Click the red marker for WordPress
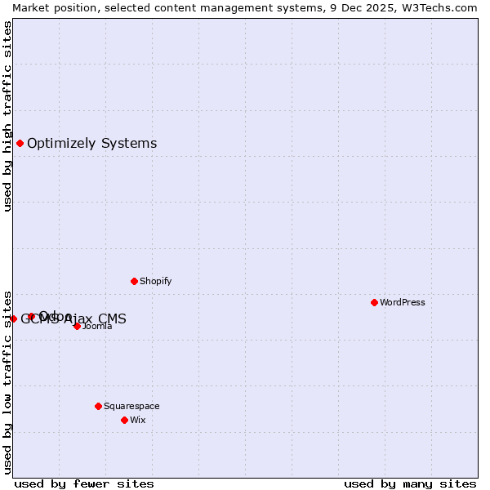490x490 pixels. coord(374,302)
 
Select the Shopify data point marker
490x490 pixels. coord(134,281)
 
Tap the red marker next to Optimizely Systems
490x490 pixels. coord(20,144)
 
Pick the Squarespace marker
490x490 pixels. coord(98,406)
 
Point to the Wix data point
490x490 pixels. coord(124,420)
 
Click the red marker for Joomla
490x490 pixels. coord(77,326)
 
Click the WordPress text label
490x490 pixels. coord(403,302)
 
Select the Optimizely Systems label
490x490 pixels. coord(91,144)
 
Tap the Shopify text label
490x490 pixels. coord(155,281)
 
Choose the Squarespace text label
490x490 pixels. coord(131,406)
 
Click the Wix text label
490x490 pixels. coord(138,420)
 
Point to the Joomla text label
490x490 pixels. coord(97,327)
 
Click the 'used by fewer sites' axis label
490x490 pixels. coord(84,484)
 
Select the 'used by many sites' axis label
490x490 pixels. coord(410,484)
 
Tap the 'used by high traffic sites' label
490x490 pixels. coord(7,116)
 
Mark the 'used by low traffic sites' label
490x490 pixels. coord(7,382)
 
